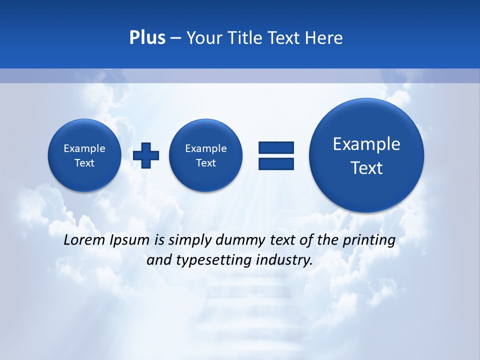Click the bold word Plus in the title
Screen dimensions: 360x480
[x=147, y=37]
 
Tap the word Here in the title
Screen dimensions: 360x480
[x=324, y=37]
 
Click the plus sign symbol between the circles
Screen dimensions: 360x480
[x=146, y=155]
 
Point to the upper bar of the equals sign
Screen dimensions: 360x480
[x=276, y=147]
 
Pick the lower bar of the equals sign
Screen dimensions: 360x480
[x=276, y=163]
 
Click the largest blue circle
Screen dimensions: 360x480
[x=366, y=155]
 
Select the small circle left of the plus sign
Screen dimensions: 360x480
[x=84, y=155]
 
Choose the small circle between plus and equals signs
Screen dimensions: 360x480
[x=205, y=155]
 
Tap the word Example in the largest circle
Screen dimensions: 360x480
[x=366, y=144]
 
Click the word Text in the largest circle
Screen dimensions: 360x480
[x=366, y=168]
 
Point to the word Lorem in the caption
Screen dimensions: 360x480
[x=84, y=240]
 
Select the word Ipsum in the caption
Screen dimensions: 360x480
[x=129, y=240]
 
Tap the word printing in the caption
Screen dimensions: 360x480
[x=369, y=240]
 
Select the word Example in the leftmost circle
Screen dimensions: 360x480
[x=84, y=148]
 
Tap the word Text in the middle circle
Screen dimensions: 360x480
[x=205, y=163]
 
